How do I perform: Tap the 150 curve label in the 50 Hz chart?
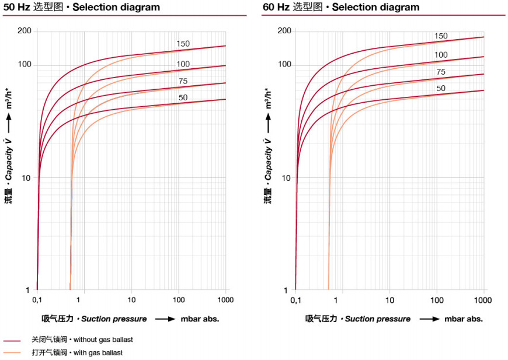click(x=183, y=44)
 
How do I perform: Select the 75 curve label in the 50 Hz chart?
click(x=183, y=81)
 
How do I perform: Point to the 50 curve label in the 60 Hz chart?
click(x=441, y=89)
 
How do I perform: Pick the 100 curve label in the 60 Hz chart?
click(x=441, y=55)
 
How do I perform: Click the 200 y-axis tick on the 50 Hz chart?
click(x=24, y=31)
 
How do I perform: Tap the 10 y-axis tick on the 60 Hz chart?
click(x=286, y=177)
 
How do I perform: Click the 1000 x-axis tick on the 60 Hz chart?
click(x=483, y=300)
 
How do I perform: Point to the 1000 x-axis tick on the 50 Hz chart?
click(x=225, y=300)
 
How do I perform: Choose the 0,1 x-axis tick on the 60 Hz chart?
click(x=296, y=300)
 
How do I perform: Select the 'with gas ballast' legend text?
click(x=94, y=352)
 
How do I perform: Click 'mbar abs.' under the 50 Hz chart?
click(x=200, y=319)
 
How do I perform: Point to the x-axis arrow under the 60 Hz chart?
click(x=429, y=319)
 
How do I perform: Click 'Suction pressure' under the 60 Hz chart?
click(x=377, y=319)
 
